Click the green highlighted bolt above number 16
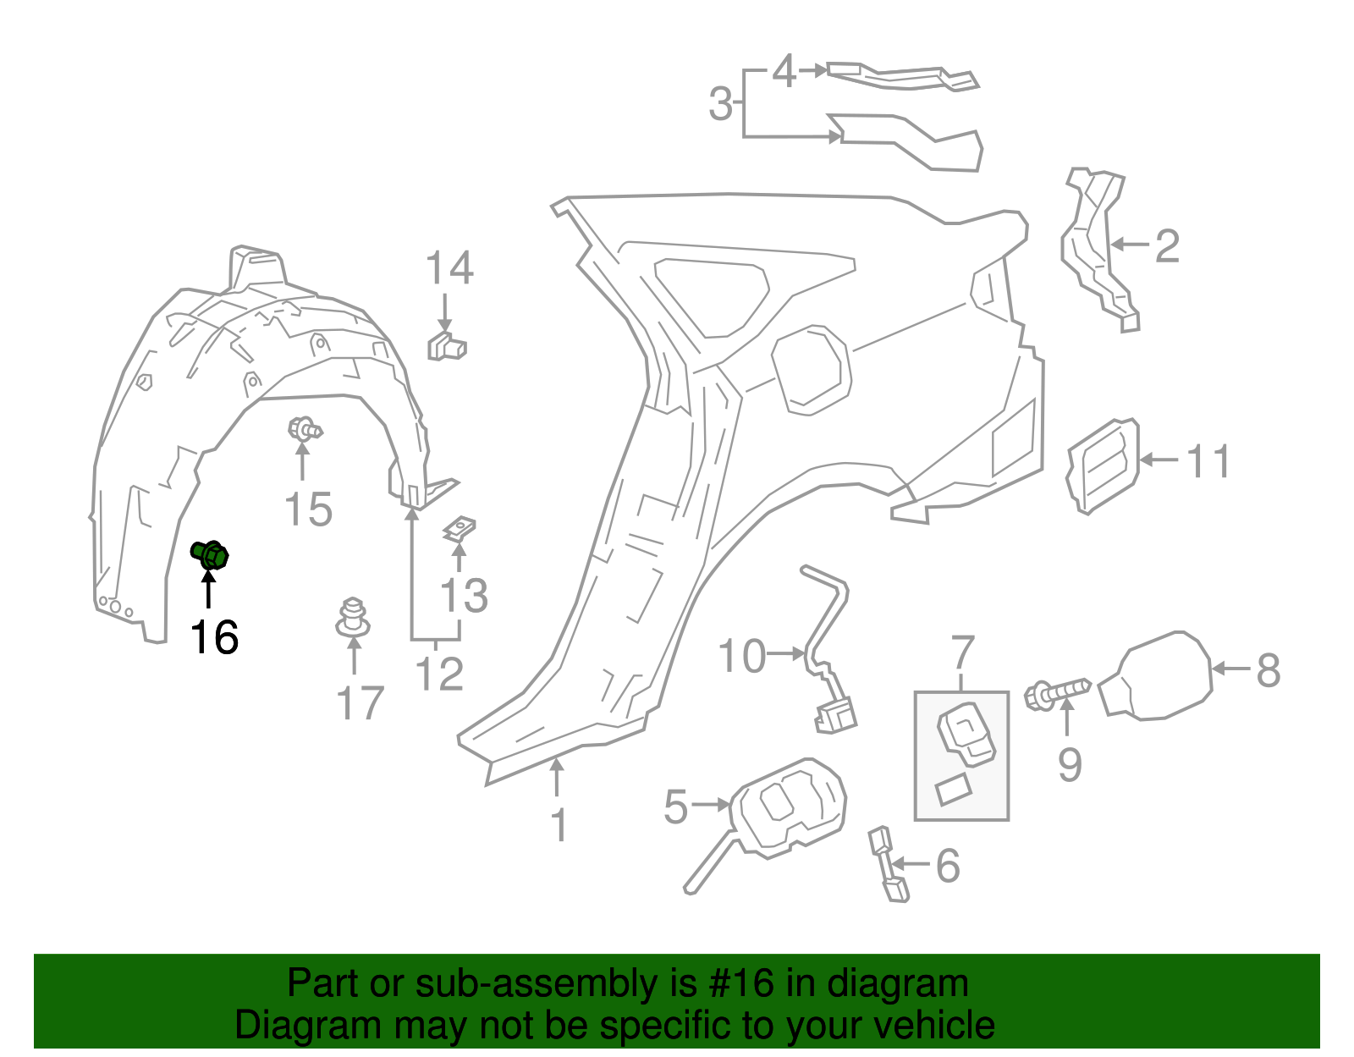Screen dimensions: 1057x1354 (x=210, y=555)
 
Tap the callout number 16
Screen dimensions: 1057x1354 (x=213, y=637)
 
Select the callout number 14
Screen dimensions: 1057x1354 (x=449, y=268)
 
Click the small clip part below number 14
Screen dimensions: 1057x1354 (x=446, y=346)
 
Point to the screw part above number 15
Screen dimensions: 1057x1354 (x=303, y=430)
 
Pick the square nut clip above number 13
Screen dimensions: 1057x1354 (x=459, y=530)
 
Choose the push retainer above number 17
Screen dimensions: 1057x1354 (x=353, y=619)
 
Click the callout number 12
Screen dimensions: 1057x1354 (x=439, y=674)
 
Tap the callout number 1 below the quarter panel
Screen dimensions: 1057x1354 (x=559, y=825)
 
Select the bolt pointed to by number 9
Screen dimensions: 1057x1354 (x=1058, y=693)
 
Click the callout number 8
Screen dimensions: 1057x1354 (x=1268, y=670)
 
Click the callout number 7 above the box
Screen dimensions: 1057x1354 (x=963, y=653)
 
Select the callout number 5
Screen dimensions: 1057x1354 (x=676, y=806)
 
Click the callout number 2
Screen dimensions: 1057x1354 (x=1167, y=246)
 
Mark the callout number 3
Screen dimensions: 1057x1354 (x=720, y=104)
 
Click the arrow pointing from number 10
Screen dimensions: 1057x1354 (x=787, y=653)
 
